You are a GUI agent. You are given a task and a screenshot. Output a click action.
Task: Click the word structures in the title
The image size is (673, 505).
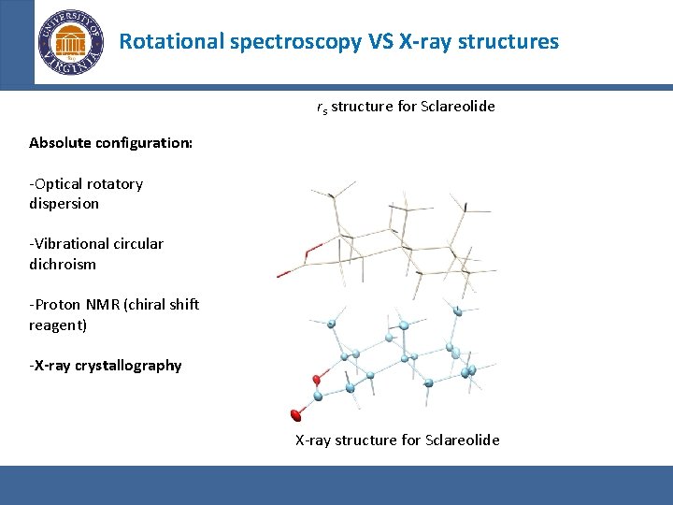[513, 41]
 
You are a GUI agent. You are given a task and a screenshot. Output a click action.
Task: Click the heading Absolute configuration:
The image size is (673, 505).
[110, 143]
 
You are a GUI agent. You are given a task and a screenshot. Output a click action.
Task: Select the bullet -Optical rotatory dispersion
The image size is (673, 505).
[86, 194]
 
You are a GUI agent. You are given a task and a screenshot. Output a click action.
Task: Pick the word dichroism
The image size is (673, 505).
[63, 264]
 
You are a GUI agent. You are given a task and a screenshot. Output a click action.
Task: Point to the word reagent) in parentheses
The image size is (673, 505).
[58, 325]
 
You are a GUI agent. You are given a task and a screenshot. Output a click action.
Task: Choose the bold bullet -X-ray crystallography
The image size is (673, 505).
[106, 365]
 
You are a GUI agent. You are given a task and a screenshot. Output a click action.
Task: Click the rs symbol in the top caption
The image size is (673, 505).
[322, 108]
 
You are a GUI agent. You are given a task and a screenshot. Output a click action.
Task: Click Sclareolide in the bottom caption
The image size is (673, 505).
[462, 440]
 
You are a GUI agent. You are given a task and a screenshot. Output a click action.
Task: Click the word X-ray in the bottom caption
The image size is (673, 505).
[313, 440]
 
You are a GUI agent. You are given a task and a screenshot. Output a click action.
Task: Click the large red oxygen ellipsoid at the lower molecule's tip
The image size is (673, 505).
[296, 414]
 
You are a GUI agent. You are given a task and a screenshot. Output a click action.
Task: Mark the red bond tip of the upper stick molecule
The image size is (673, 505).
[283, 273]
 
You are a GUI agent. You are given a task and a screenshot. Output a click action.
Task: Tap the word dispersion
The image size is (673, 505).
[64, 203]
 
